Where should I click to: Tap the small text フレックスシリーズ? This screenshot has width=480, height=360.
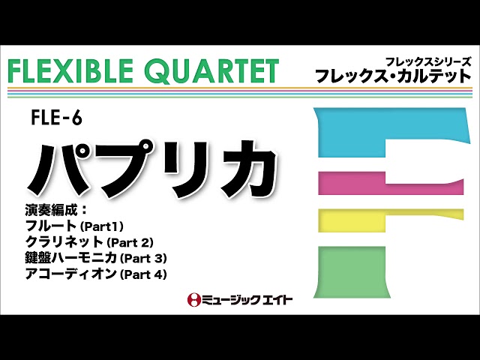tap(427, 61)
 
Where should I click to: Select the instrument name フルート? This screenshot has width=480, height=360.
tap(46, 224)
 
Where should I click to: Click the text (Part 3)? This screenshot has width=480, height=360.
tap(143, 258)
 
